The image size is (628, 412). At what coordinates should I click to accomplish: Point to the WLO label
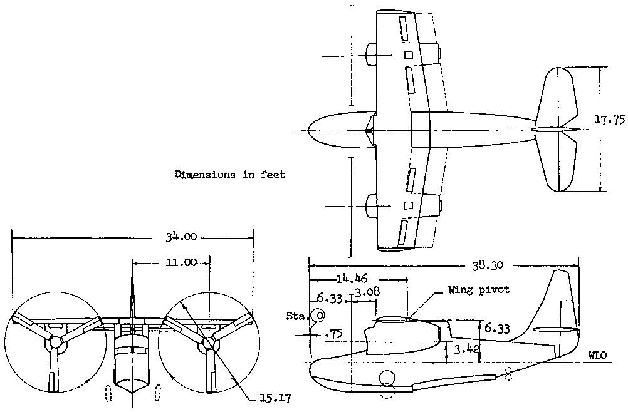597,356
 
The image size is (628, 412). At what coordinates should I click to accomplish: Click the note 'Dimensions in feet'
230,175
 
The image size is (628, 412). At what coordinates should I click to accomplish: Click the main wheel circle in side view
387,378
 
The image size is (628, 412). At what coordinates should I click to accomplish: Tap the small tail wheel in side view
507,374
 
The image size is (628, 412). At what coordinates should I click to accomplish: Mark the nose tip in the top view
306,130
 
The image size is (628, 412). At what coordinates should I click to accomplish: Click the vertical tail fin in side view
563,307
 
